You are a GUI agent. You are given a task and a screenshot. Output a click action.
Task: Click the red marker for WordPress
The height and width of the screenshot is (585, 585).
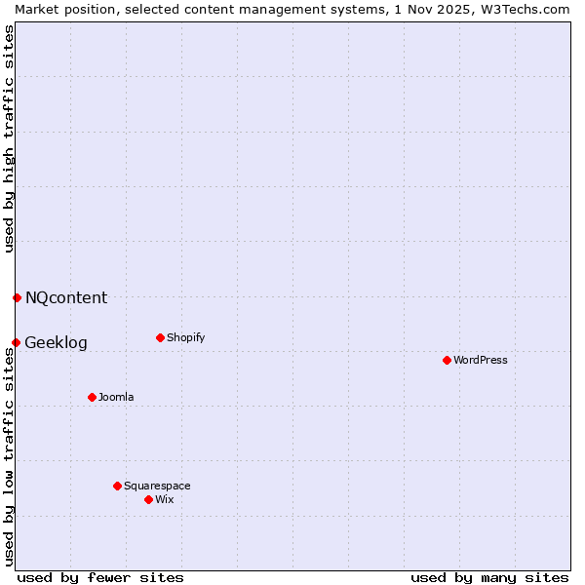tap(447, 360)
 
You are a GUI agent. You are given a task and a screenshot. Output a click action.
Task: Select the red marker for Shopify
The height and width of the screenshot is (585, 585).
tap(160, 338)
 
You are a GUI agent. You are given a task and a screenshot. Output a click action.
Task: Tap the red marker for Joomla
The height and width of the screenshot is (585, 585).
tap(92, 397)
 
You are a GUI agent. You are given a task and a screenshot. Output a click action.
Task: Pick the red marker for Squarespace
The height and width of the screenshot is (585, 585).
tap(117, 486)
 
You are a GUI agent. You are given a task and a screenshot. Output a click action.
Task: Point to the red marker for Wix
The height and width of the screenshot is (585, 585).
tap(148, 499)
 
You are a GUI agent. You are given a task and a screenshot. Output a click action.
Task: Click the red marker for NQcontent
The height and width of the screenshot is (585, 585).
tap(17, 297)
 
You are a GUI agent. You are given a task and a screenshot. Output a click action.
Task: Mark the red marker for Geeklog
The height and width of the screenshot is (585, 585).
tap(16, 342)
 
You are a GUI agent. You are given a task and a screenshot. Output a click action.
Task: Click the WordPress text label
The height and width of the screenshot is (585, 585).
tap(481, 360)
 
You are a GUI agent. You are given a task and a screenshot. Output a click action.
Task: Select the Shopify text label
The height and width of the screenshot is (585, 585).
tap(185, 338)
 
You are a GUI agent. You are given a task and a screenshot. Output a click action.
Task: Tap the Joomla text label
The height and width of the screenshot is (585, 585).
tap(116, 397)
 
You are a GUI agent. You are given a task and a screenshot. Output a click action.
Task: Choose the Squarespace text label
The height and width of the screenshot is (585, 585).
tap(157, 486)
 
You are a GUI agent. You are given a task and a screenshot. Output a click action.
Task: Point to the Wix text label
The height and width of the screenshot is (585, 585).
tap(165, 499)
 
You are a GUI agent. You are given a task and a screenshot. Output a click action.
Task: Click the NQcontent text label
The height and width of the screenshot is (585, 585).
tap(66, 297)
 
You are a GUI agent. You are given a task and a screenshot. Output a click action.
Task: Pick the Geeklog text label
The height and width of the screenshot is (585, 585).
tap(56, 342)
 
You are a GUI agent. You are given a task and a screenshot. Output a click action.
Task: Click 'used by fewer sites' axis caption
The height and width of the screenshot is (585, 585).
tap(100, 577)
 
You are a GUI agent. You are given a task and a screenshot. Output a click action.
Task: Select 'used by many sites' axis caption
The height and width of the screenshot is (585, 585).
tap(489, 577)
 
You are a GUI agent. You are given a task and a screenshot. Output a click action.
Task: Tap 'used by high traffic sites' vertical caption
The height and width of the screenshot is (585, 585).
tap(9, 138)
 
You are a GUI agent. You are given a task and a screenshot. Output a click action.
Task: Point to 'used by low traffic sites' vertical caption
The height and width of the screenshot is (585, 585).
tap(9, 456)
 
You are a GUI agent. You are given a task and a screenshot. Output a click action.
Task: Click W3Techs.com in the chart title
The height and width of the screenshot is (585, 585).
tap(531, 9)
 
